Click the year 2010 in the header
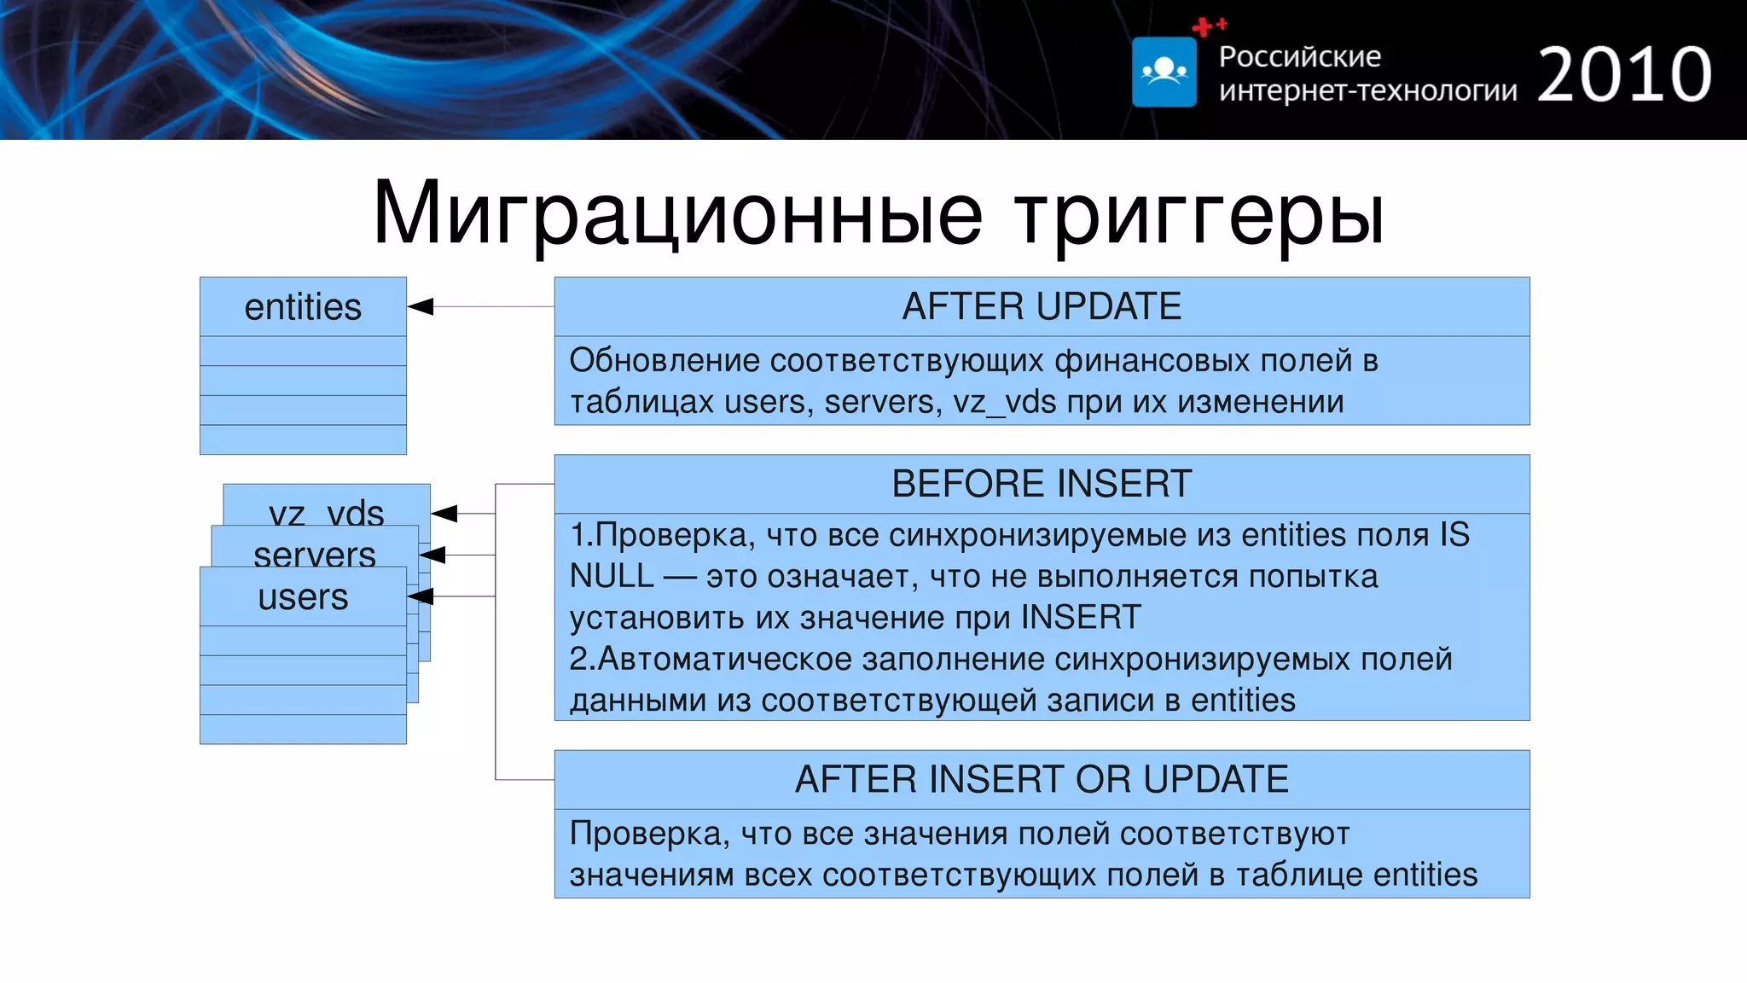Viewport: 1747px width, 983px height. pos(1624,75)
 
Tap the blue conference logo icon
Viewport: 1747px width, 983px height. pos(1164,72)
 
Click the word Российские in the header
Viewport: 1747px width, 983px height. pos(1299,56)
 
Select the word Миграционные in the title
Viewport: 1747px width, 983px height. pos(677,213)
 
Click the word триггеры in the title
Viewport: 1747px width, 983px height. pos(1199,213)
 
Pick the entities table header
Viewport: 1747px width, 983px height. pos(303,307)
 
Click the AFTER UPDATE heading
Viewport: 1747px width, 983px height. pos(1042,306)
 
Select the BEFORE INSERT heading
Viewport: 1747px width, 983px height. pos(1042,484)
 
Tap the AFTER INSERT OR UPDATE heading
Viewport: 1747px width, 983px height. pos(1042,779)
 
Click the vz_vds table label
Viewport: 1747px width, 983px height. pos(327,513)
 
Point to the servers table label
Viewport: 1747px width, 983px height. pos(315,555)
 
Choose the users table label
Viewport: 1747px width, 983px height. pos(303,596)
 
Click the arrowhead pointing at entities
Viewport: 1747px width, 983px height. pos(421,306)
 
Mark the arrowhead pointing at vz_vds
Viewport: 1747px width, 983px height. pos(444,513)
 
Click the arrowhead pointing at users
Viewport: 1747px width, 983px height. pos(421,596)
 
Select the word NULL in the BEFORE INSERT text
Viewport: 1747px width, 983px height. pos(611,576)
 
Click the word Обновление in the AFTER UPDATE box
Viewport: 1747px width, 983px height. pos(665,360)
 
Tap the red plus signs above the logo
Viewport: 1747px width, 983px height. pos(1209,26)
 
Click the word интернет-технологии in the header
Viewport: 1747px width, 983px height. pos(1367,90)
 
